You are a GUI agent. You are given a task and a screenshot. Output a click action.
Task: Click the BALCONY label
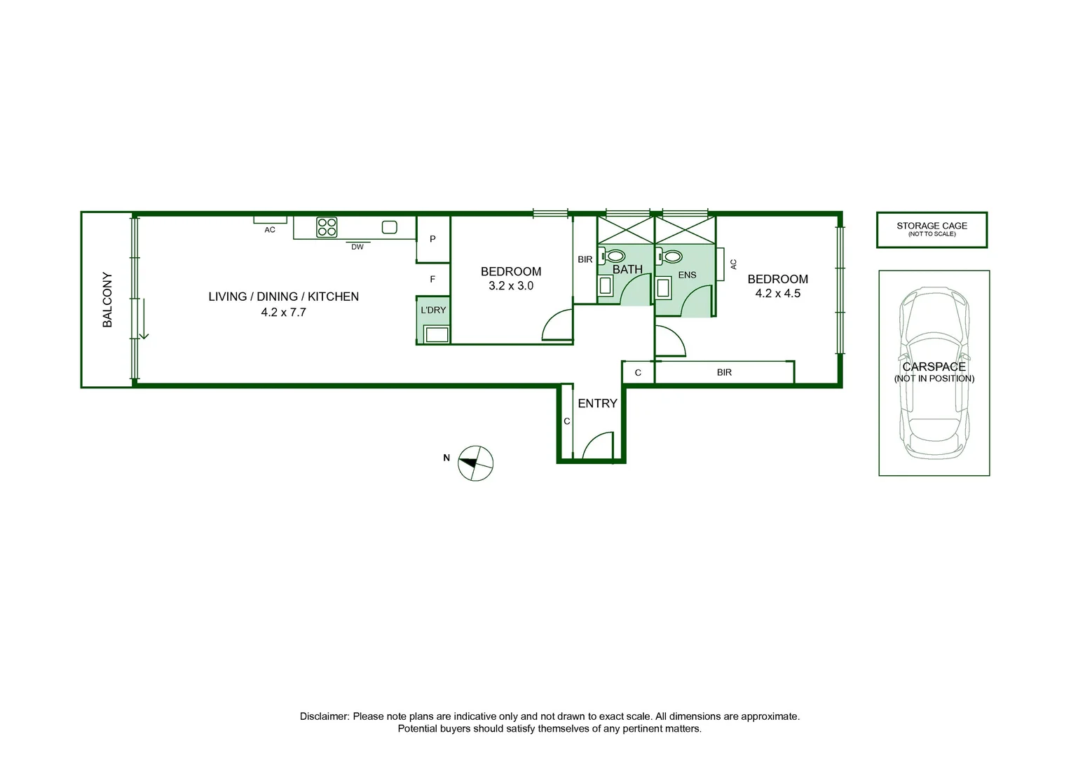(107, 300)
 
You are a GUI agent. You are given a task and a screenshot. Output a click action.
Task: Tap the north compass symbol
(475, 463)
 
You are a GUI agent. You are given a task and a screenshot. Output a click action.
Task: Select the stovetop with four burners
(327, 227)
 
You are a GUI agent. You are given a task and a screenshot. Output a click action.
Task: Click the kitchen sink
(390, 227)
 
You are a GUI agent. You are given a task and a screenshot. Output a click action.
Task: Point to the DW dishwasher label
(357, 247)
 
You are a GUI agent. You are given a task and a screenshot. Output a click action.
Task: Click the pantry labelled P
(432, 239)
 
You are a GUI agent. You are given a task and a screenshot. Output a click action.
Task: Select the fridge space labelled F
(432, 279)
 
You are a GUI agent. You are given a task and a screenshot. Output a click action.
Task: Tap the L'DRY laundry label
(433, 310)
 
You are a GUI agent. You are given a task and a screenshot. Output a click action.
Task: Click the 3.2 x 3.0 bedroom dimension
(511, 286)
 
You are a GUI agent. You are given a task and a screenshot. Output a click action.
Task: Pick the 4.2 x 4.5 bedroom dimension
(777, 294)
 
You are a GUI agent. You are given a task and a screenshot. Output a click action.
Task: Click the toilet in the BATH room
(615, 256)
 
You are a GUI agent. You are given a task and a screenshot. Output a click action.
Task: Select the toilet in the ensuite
(672, 257)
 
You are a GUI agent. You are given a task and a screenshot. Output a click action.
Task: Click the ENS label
(687, 275)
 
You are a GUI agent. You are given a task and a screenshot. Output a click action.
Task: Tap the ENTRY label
(597, 404)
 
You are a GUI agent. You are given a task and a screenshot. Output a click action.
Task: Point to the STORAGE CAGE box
(932, 230)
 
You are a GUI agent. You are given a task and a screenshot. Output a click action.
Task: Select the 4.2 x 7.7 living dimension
(283, 313)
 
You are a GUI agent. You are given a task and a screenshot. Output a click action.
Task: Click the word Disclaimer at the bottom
(324, 716)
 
